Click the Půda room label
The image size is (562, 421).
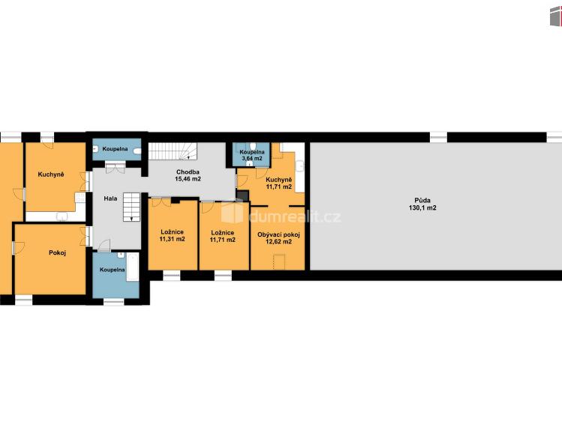coord(422,200)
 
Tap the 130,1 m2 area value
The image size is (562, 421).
coord(422,208)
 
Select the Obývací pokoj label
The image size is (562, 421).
coord(278,235)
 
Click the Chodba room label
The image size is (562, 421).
coord(188,172)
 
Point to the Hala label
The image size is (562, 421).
coord(110,199)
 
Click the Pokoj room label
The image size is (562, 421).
coord(57,253)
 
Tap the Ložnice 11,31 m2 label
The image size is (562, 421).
coord(172,236)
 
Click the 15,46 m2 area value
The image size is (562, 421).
coord(188,179)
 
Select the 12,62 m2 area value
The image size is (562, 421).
coord(278,242)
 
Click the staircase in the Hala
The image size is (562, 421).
coord(131,207)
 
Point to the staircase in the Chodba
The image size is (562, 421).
coord(173,151)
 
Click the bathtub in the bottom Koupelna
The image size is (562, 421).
coord(133,267)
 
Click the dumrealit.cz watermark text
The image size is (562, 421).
coord(295,216)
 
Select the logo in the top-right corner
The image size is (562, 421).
coord(556,16)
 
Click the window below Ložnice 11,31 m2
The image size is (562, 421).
coord(172,276)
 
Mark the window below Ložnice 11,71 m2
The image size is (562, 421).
coord(223,276)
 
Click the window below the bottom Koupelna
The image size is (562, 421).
coord(113,302)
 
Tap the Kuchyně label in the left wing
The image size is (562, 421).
coord(51,175)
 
